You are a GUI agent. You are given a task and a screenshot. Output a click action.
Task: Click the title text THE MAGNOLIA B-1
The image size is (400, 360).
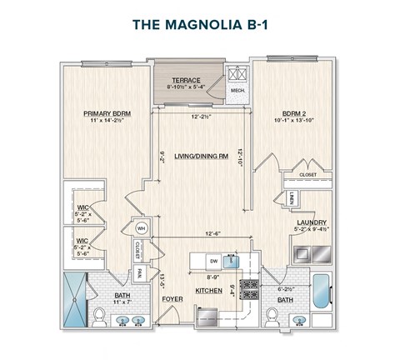point(200,25)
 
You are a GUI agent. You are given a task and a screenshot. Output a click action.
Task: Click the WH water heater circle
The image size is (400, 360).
point(141,227)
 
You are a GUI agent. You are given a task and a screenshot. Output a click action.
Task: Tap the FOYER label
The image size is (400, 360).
point(172,298)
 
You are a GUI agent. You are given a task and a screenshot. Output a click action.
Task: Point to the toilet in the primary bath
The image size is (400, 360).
point(100,316)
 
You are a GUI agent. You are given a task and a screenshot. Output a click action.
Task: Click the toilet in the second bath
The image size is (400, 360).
point(272,316)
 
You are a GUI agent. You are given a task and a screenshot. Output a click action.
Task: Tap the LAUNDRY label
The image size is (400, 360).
point(310,222)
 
